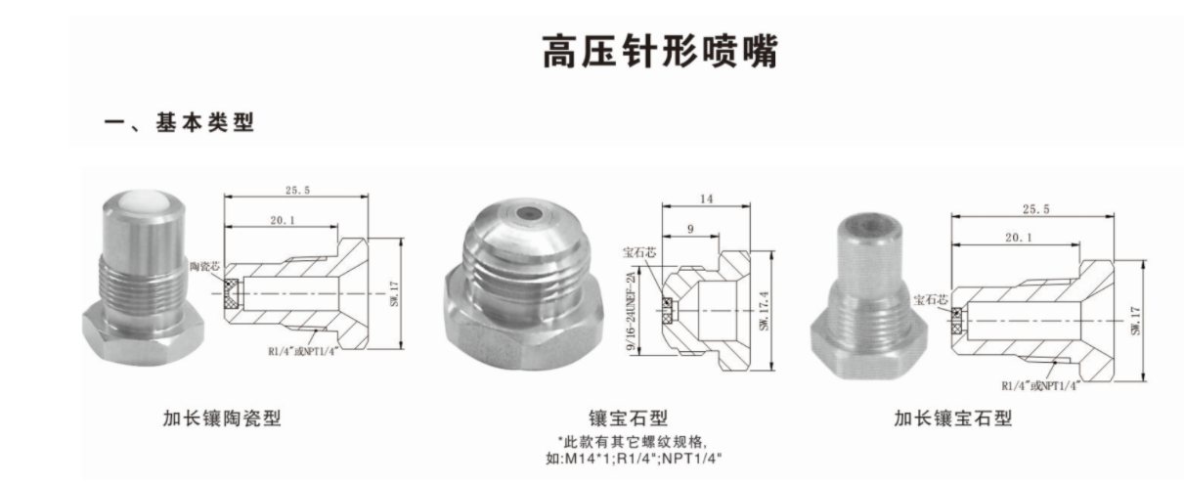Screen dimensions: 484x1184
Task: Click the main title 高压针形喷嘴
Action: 660,52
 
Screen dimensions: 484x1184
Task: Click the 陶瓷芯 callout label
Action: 210,266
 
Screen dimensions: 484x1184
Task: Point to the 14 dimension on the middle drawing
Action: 705,198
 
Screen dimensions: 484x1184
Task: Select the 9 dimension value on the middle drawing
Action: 691,229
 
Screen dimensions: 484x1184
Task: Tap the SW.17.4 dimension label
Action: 764,308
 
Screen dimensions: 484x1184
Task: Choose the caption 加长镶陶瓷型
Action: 222,418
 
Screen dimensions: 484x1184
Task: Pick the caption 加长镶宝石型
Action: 953,418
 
